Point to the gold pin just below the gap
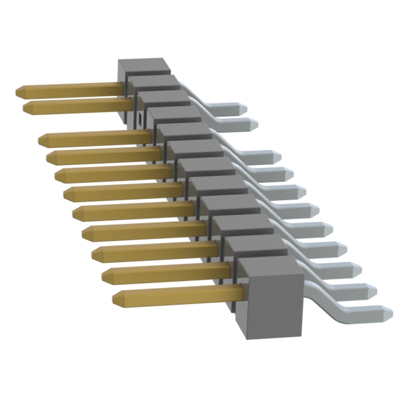click(x=96, y=137)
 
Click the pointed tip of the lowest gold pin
click(x=117, y=298)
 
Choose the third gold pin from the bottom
click(x=156, y=253)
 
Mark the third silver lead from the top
click(x=258, y=156)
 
